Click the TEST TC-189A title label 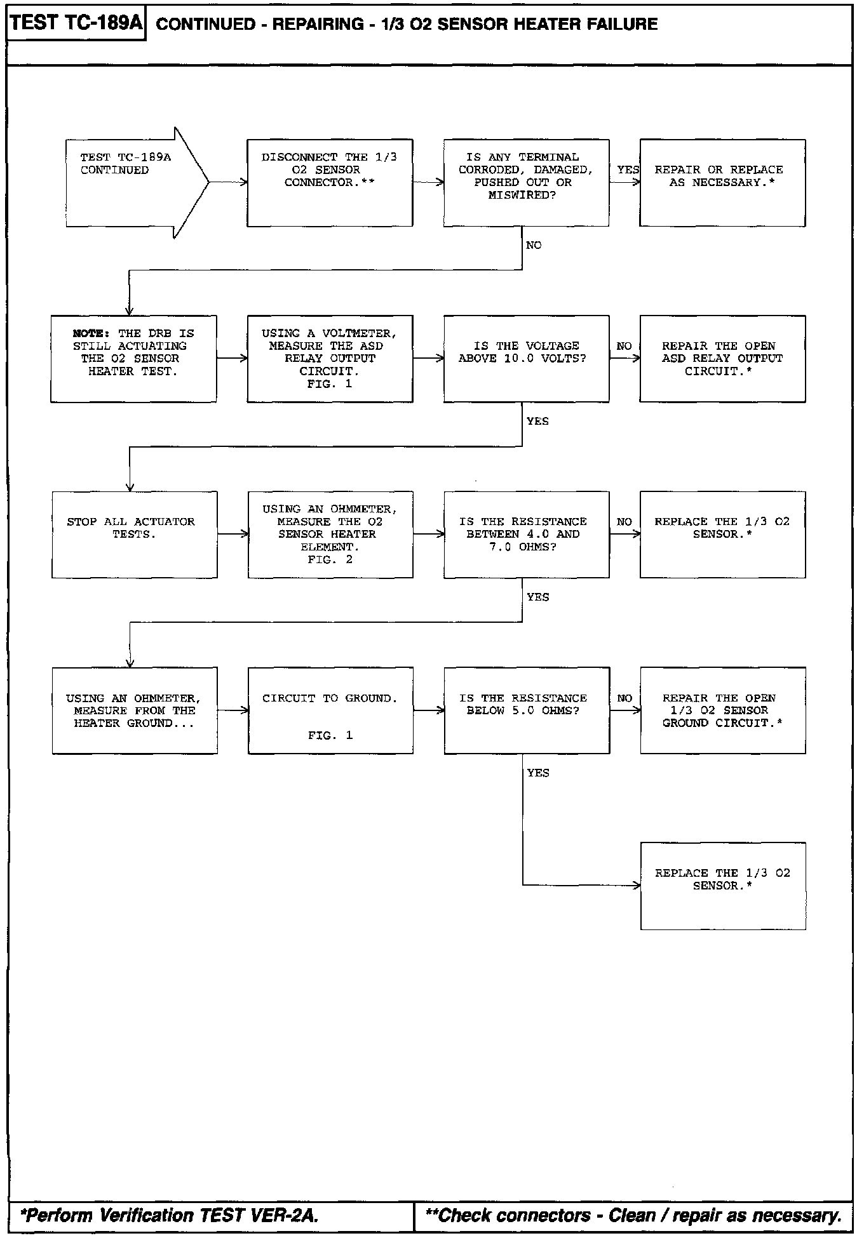pos(76,23)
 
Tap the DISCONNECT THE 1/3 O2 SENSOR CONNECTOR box pos(330,183)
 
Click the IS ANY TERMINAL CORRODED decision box pos(526,183)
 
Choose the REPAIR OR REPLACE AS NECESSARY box pos(722,183)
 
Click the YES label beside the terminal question pos(628,170)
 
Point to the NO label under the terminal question pos(534,245)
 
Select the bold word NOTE pos(91,333)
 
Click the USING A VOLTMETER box pos(330,359)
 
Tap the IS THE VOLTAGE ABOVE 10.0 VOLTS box pos(526,359)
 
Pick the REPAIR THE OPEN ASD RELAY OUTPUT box pos(722,359)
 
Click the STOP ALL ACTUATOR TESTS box pos(134,535)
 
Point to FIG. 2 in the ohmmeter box pos(330,559)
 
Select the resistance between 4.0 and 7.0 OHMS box pos(526,535)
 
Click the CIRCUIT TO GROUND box pos(330,710)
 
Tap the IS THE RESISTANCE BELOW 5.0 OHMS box pos(527,710)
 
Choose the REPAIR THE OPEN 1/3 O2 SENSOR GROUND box pos(723,710)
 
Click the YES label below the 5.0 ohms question pos(538,773)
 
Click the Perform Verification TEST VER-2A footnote pos(170,1215)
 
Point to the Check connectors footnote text pos(633,1215)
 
